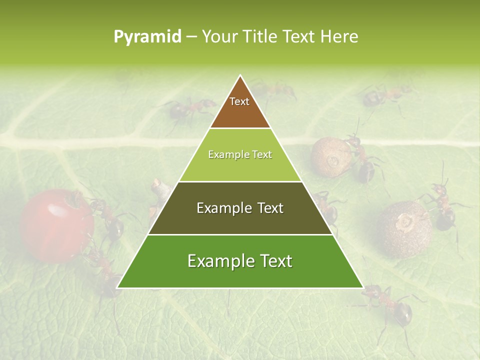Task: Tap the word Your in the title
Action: [x=219, y=37]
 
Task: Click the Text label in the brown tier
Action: [x=239, y=101]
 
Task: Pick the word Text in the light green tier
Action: [x=262, y=155]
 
